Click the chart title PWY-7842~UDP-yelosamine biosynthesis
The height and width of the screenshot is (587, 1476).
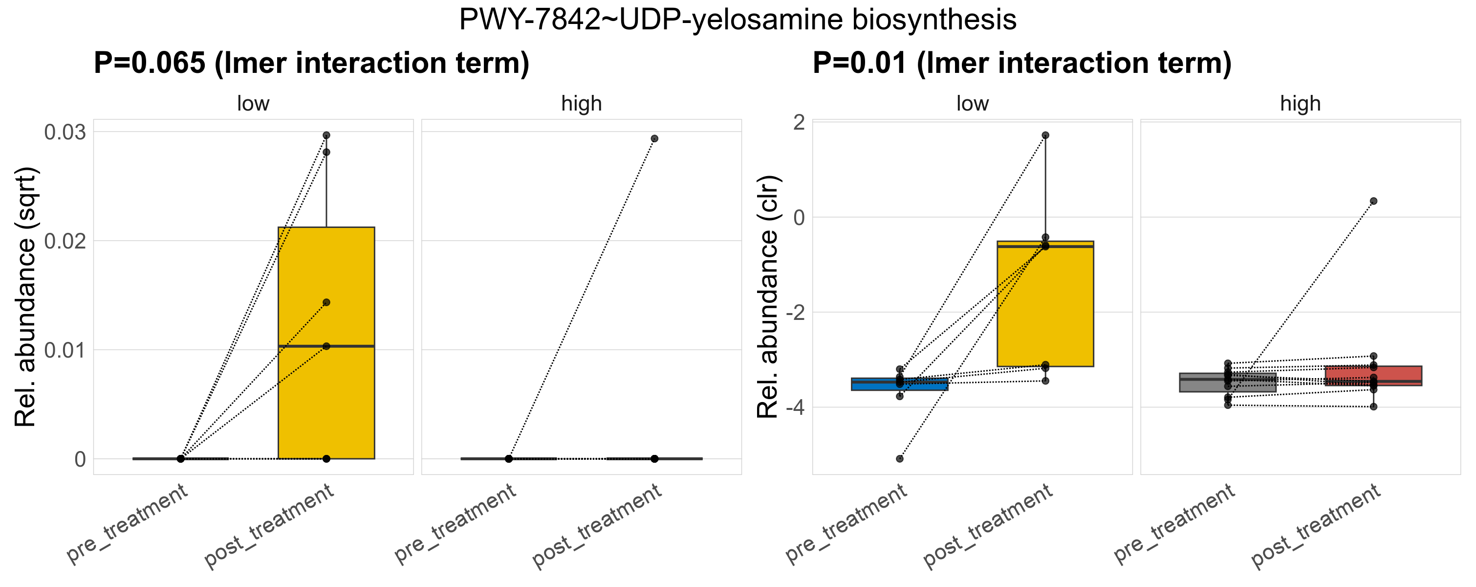(x=738, y=20)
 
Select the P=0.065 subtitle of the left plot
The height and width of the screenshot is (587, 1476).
(x=311, y=63)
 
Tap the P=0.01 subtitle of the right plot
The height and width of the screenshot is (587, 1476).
(x=1021, y=63)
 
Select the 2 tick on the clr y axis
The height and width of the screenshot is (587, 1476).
(x=799, y=122)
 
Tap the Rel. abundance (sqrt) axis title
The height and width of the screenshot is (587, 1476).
(x=25, y=297)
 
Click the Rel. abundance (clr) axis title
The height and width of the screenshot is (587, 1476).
(x=768, y=297)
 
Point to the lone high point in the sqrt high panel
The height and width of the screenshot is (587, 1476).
(x=654, y=139)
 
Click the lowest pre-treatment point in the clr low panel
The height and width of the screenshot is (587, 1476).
(x=900, y=459)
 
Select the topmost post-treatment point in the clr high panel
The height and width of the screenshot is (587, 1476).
(x=1373, y=201)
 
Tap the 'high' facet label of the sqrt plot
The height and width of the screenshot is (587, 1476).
(x=582, y=104)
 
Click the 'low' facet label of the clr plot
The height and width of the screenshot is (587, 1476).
(x=972, y=104)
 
